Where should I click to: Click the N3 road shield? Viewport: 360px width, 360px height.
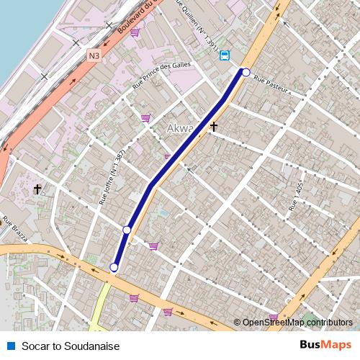[x=94, y=55]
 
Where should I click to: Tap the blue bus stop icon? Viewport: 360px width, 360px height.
[x=225, y=55]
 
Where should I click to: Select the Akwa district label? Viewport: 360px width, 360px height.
[x=180, y=129]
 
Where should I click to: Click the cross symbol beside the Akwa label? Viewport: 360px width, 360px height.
[x=213, y=127]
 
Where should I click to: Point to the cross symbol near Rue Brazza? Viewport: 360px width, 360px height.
[x=37, y=189]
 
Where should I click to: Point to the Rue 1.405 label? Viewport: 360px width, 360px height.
[x=295, y=197]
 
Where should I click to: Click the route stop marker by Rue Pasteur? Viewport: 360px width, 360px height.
[x=246, y=72]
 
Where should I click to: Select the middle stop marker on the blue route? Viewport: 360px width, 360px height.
[x=127, y=230]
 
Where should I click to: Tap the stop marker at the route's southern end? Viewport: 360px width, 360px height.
[x=114, y=268]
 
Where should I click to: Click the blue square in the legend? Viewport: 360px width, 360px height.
[x=11, y=346]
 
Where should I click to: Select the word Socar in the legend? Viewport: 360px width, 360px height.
[x=35, y=346]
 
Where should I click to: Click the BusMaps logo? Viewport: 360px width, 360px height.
[x=325, y=345]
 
